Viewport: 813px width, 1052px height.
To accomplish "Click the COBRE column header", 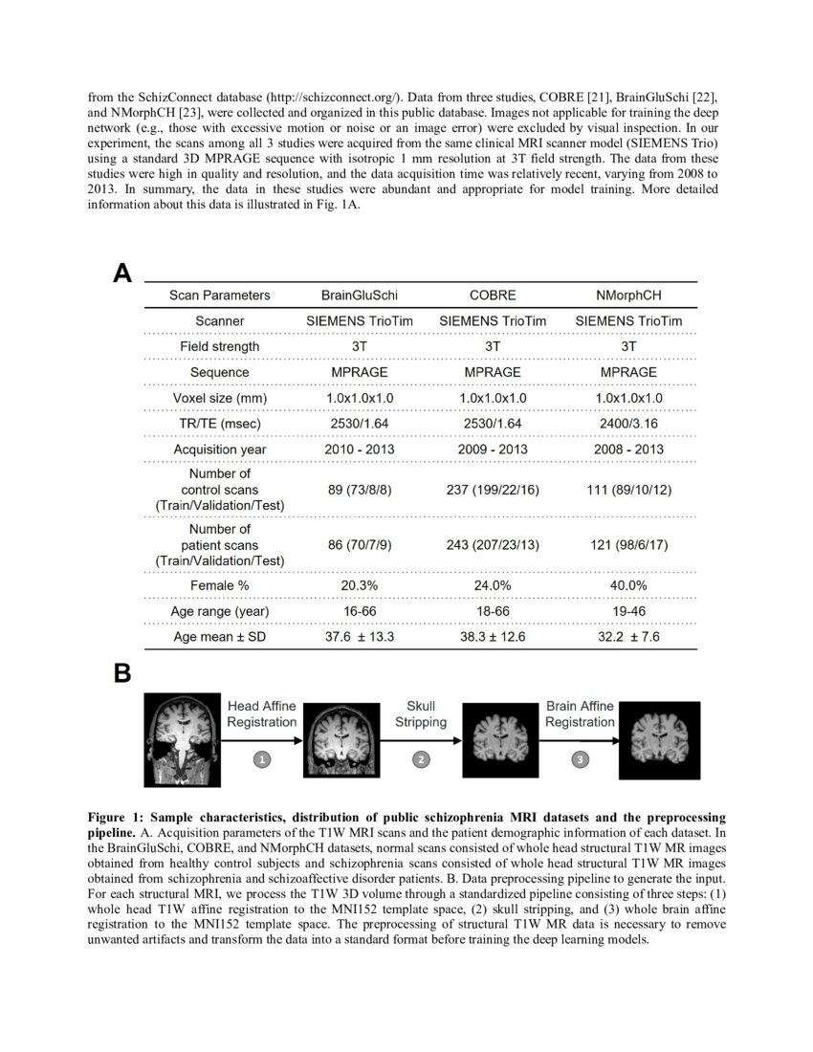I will coord(493,296).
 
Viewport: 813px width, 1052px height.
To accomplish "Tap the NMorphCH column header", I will coord(628,296).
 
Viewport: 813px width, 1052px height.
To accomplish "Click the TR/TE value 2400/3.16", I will coord(628,424).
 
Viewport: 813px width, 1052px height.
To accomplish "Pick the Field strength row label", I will coord(219,346).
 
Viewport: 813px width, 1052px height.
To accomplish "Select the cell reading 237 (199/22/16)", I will coord(493,490).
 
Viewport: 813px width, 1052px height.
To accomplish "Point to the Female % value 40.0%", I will coord(628,585).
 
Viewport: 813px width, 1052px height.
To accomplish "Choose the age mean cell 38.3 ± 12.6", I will coord(493,637).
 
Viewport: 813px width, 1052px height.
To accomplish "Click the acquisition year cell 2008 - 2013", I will coord(628,449).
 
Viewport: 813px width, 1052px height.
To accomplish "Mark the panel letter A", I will coord(121,274).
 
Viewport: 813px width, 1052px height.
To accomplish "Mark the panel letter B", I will coord(121,673).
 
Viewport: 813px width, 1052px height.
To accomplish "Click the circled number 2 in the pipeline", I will coord(420,759).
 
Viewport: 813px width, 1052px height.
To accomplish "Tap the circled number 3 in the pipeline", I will coord(580,759).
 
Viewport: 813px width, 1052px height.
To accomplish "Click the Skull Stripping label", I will coord(420,713).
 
